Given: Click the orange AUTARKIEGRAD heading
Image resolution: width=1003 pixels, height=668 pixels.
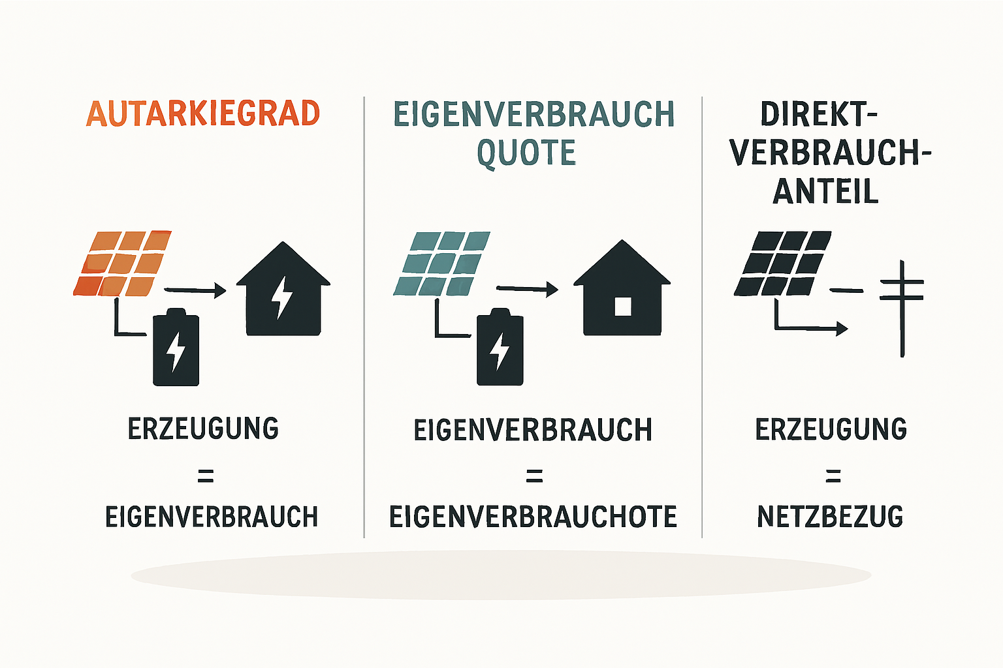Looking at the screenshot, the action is pos(203,114).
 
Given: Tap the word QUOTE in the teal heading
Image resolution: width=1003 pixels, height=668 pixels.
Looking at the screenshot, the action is pos(526,153).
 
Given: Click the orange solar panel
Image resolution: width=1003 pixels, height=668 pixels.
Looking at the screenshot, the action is pos(122,264).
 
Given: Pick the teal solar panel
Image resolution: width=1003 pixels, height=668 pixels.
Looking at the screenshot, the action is pos(441,264).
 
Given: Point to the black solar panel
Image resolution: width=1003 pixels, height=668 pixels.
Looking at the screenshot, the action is pos(782,263).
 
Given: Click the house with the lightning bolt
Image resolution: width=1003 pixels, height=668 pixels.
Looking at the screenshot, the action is pos(283,288).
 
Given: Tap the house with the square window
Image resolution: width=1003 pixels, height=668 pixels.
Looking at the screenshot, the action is pos(622,288).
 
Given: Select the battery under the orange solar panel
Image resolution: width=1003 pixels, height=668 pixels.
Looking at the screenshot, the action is pos(176,347).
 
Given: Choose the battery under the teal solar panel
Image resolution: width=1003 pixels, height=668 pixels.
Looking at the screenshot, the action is pos(500,347).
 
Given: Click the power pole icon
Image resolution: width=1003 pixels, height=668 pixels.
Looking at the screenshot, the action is pos(902,309).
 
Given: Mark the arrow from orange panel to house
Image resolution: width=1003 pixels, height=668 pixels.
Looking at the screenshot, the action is pos(195,290).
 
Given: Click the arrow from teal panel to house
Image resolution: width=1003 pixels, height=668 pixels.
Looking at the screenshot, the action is pos(528,290).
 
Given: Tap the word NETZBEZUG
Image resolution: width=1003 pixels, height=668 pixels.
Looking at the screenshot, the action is pos(830,517).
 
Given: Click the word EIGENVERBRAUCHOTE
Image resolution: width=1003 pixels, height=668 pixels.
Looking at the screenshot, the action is pos(533,517).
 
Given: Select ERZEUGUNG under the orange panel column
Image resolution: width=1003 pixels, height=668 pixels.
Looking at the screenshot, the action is pos(203,428).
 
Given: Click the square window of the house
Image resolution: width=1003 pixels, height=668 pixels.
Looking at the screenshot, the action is pos(623,307).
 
